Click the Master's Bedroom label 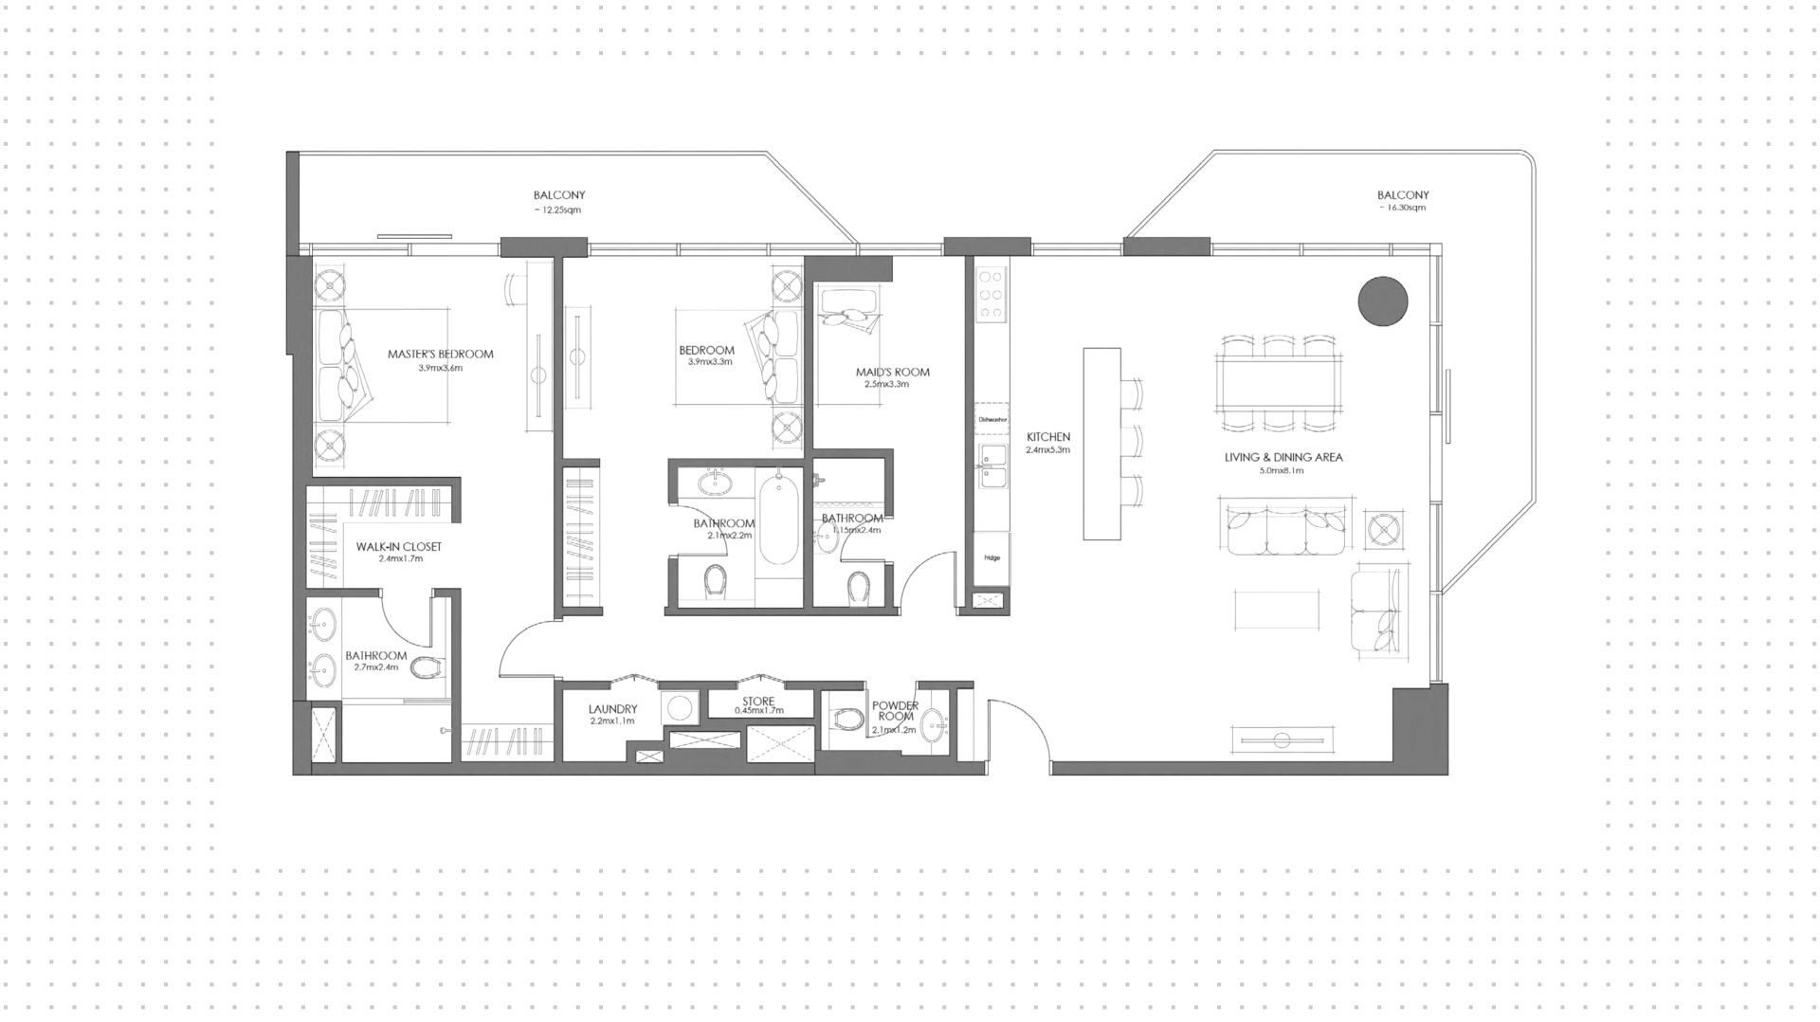click(440, 355)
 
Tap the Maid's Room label click(892, 373)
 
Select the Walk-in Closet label click(398, 547)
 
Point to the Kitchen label click(1047, 438)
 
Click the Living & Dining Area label click(1283, 458)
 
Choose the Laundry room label click(612, 709)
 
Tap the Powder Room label click(895, 711)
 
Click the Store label click(758, 703)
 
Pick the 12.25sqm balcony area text click(559, 209)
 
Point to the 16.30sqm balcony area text click(1403, 208)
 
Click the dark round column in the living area click(1383, 301)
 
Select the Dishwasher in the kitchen click(991, 418)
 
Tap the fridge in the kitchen click(992, 557)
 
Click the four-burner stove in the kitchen click(992, 293)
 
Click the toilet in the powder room click(843, 721)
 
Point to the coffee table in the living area click(1278, 610)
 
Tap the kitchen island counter click(1101, 444)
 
